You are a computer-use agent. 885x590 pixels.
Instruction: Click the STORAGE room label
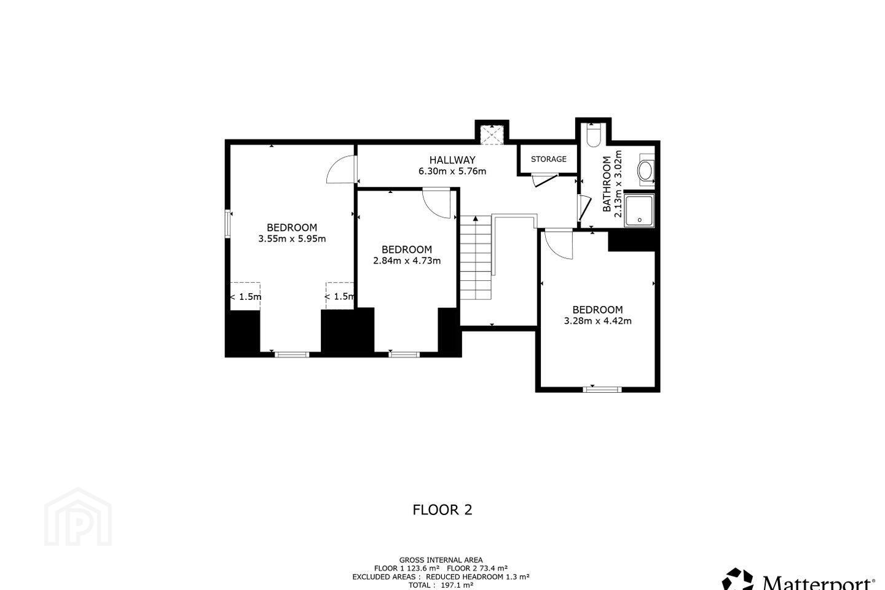click(x=548, y=159)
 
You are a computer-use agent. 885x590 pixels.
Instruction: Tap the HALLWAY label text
click(x=452, y=160)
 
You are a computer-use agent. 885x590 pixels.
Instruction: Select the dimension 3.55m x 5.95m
click(x=292, y=238)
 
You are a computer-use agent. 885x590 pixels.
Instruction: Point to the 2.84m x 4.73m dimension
click(x=407, y=261)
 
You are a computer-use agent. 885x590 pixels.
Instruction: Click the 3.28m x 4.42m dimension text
click(x=597, y=321)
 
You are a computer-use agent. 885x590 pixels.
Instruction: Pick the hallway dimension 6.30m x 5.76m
click(x=452, y=171)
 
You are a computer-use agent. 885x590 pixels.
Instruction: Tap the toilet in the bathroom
click(x=594, y=135)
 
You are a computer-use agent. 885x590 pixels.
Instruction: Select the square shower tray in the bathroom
click(x=639, y=210)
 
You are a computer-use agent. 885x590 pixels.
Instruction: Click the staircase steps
click(x=476, y=258)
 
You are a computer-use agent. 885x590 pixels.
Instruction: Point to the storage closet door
click(x=544, y=180)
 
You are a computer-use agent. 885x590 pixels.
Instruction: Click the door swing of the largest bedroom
click(x=341, y=169)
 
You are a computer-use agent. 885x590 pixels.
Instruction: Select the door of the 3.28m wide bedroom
click(x=558, y=245)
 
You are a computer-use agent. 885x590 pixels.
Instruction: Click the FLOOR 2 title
click(x=442, y=509)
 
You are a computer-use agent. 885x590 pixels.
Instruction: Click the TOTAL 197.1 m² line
click(x=441, y=585)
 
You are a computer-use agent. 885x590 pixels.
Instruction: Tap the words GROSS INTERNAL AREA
click(x=441, y=560)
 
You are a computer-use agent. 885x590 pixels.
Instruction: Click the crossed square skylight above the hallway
click(x=492, y=135)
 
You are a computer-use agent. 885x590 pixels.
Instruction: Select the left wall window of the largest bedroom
click(x=227, y=224)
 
